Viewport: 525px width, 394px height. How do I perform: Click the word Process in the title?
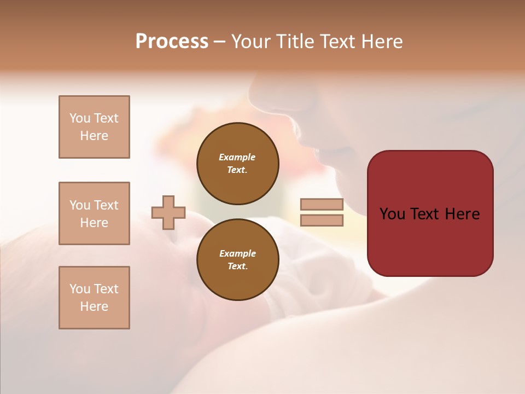click(x=172, y=42)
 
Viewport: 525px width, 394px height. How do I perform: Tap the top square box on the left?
click(x=94, y=127)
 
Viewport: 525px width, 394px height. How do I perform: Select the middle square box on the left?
click(x=94, y=213)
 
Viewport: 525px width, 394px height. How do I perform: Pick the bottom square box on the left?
click(x=94, y=298)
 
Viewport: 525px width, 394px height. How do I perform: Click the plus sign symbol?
click(x=168, y=212)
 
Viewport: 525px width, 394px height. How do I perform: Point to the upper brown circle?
click(x=238, y=164)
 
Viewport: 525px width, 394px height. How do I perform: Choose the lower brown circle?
click(x=238, y=260)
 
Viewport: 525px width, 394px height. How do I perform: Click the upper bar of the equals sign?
click(x=322, y=205)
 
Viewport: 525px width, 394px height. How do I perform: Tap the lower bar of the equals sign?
click(x=322, y=221)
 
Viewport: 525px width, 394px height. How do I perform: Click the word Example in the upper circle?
click(x=237, y=157)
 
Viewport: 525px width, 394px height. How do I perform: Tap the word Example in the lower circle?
click(x=237, y=253)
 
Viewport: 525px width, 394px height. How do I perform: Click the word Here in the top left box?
click(x=94, y=136)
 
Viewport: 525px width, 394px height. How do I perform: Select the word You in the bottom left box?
click(x=79, y=289)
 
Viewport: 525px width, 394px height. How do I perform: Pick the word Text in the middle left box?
click(x=106, y=205)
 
